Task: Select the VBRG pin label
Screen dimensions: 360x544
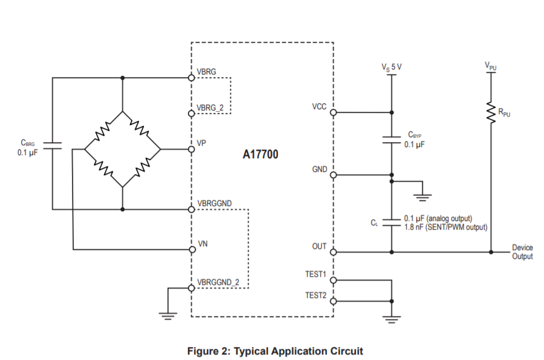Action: (x=207, y=72)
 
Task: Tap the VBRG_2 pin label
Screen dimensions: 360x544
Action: (x=211, y=108)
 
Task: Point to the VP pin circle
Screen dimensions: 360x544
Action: (x=191, y=149)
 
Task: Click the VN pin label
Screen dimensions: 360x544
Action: (x=202, y=245)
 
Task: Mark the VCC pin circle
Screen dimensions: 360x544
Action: (x=333, y=113)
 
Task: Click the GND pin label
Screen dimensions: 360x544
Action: (x=319, y=169)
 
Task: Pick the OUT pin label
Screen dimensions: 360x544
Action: (x=319, y=246)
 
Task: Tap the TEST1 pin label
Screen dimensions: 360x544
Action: (x=316, y=274)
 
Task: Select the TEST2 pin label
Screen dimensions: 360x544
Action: (x=316, y=295)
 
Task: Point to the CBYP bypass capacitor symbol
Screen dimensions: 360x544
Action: (x=391, y=139)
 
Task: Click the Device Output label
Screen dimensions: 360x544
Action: (x=522, y=252)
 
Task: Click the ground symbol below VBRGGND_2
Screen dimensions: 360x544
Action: (x=167, y=315)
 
